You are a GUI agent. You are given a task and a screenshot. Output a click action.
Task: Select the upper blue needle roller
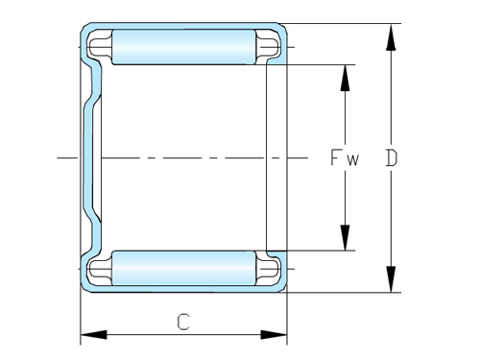[183, 46]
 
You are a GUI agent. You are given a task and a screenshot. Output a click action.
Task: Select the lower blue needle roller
[183, 266]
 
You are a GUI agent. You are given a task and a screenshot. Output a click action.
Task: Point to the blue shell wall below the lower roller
[183, 288]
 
